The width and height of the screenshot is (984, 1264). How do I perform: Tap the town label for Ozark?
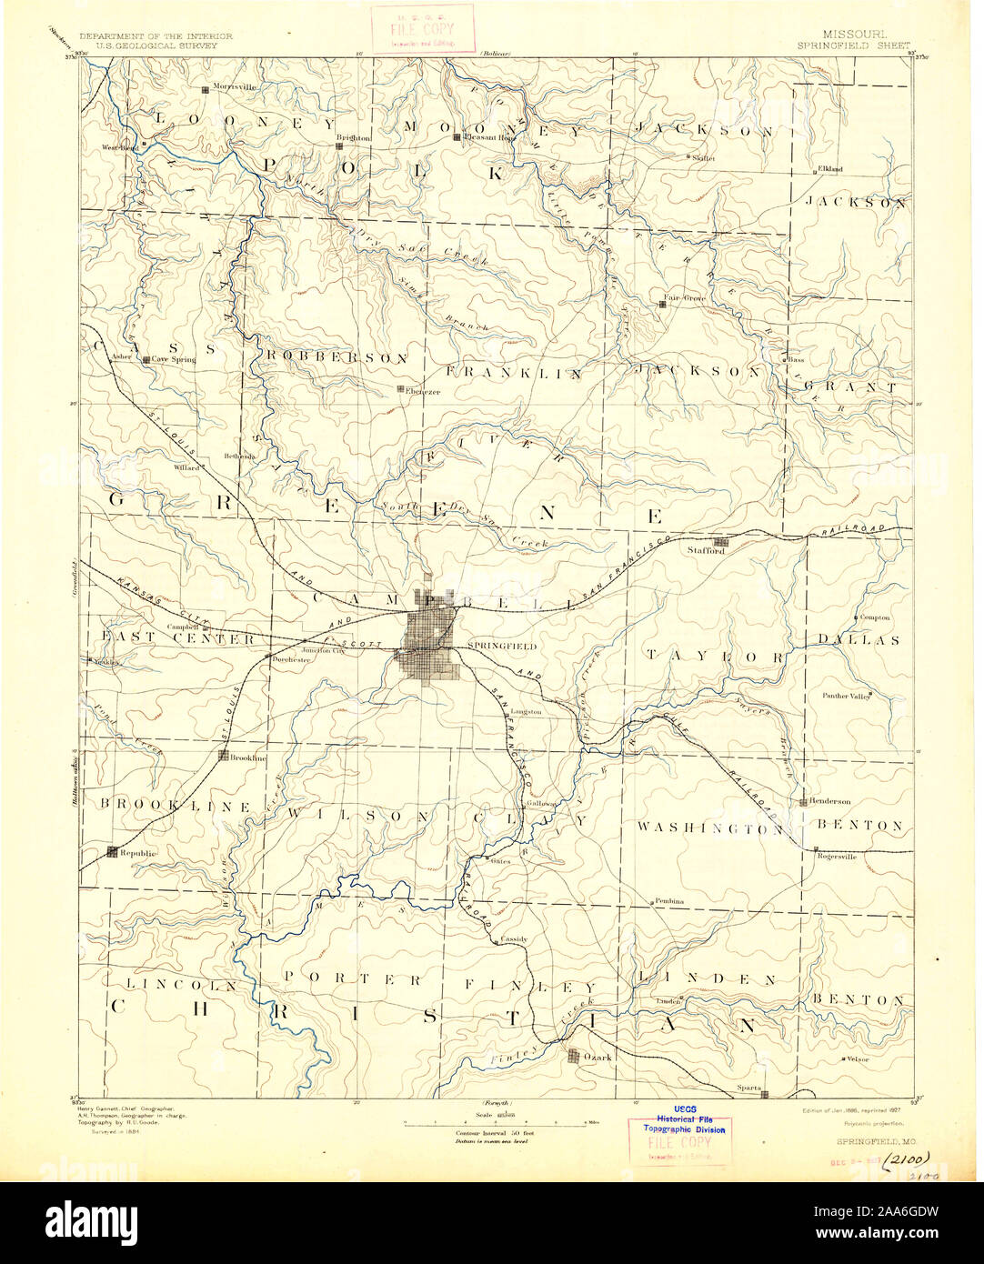point(598,1057)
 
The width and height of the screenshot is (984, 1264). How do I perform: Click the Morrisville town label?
point(235,87)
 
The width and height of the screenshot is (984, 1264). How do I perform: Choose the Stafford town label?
point(706,551)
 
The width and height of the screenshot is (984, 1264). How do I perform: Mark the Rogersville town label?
point(837,856)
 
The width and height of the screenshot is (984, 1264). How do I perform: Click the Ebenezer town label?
point(423,392)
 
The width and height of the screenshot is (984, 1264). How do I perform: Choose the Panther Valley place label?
point(841,697)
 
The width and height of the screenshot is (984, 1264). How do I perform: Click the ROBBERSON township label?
point(336,358)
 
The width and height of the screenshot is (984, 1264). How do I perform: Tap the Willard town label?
point(186,467)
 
